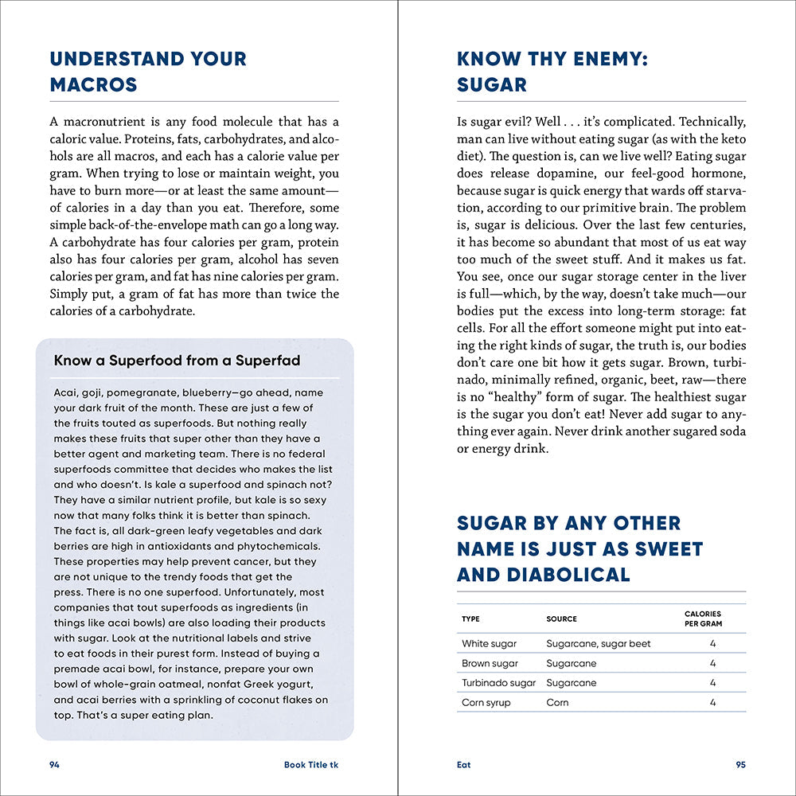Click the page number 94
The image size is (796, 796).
55,765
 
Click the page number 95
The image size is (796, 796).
740,765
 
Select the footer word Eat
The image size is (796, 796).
463,765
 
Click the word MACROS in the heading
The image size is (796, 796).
93,84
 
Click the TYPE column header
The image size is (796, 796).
470,618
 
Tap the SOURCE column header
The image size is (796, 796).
561,618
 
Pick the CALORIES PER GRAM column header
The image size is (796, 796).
703,618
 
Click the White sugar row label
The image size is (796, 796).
489,644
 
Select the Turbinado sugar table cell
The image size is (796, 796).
498,683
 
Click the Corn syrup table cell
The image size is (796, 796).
486,703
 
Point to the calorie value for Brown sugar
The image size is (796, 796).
712,663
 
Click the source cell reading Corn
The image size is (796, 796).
557,703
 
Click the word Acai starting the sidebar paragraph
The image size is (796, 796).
66,393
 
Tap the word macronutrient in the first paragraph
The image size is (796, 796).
103,122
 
